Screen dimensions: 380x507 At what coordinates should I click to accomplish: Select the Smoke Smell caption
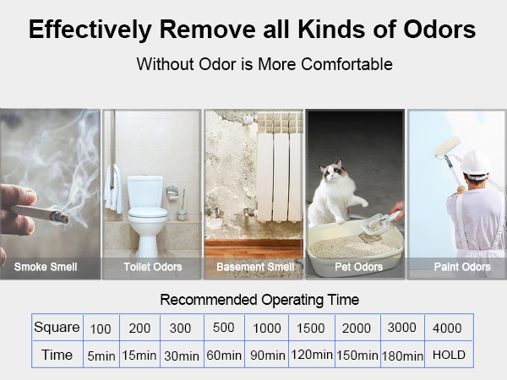coord(46,267)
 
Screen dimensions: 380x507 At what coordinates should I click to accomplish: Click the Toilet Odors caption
coord(152,267)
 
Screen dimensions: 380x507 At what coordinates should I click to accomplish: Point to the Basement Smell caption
coord(254,267)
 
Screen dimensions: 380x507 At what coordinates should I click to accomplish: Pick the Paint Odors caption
coord(462,267)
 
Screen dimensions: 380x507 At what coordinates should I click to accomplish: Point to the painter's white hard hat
coord(477,160)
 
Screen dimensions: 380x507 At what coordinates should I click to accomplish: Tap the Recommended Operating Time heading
coord(259,300)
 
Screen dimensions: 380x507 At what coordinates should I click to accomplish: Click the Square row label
coord(56,328)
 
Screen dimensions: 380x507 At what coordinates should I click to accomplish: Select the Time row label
coord(56,355)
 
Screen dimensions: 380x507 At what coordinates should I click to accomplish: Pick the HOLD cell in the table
coord(449,355)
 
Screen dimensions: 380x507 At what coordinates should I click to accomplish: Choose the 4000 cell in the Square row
coord(447,328)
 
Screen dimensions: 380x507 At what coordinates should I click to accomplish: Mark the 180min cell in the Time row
coord(402,356)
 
